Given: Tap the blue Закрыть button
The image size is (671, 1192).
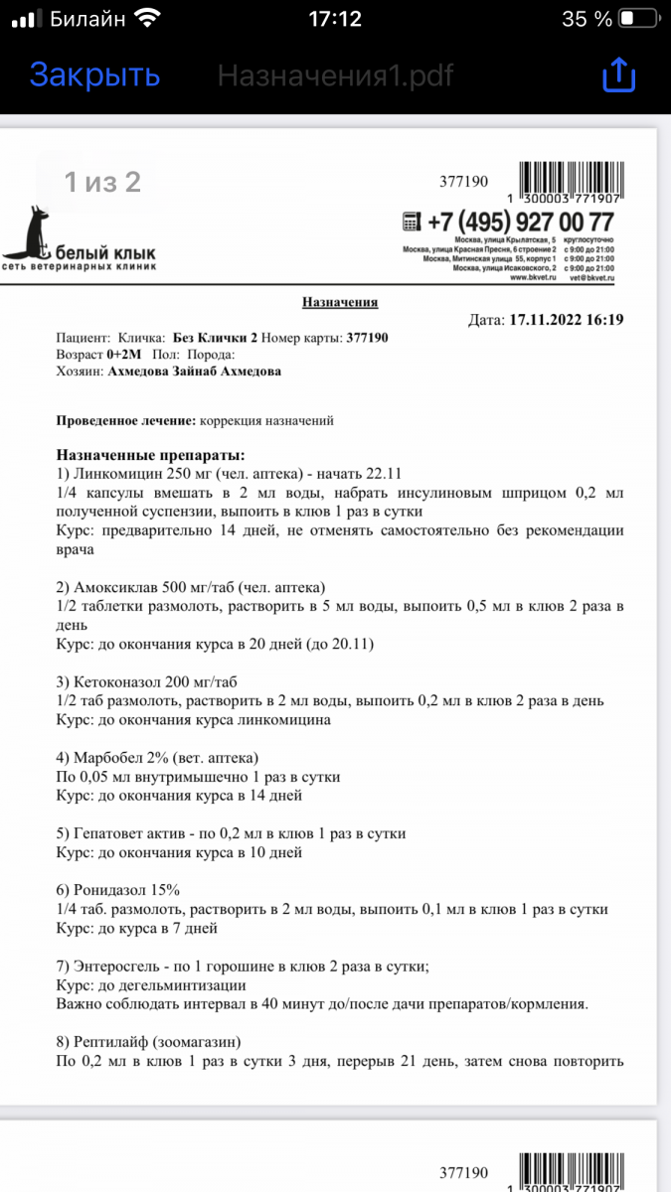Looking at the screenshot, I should [94, 74].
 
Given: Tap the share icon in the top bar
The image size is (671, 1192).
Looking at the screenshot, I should [618, 75].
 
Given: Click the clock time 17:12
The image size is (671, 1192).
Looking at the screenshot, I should [335, 19].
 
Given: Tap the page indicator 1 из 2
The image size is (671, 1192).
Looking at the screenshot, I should [102, 182].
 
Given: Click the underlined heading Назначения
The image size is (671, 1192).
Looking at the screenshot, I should [340, 302].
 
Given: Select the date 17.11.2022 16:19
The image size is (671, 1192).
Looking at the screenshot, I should [566, 320].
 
